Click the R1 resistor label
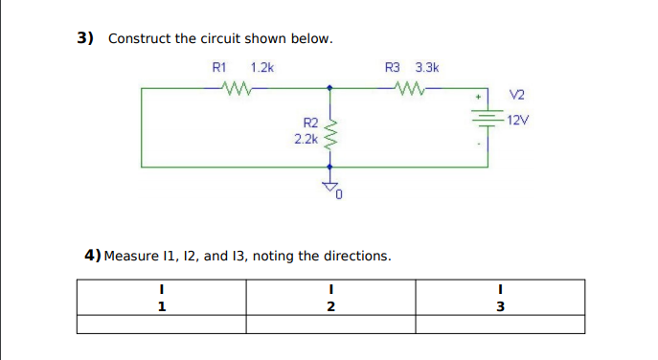pos(218,68)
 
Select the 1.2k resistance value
pos(261,68)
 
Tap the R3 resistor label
pos(393,68)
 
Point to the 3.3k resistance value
pos(427,68)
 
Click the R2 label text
pos(310,124)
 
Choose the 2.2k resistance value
pos(306,139)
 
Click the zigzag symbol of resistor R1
pos(236,89)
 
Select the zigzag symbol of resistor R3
pos(409,89)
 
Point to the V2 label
pos(517,95)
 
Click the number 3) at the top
pos(86,38)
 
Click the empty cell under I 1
pos(161,325)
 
